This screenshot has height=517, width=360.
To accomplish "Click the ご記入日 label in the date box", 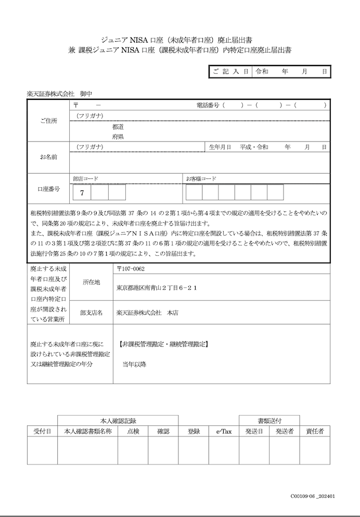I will (229, 71).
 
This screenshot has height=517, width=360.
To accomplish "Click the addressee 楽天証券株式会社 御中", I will (59, 94).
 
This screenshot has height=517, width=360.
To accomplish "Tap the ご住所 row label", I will (48, 121).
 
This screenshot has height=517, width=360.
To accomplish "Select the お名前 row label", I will (48, 157).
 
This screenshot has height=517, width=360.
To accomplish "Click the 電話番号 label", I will (207, 105).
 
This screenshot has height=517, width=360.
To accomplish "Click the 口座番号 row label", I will (48, 189).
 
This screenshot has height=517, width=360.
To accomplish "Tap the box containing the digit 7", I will (82, 193).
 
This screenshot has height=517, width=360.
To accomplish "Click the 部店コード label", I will (86, 178).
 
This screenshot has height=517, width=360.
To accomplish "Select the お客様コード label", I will (201, 178).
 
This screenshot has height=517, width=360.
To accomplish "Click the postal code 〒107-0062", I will (131, 269).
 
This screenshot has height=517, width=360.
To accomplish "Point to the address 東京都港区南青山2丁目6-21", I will (157, 287).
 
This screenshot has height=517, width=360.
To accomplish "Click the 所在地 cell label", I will (91, 282).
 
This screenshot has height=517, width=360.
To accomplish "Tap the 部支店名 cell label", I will (91, 313).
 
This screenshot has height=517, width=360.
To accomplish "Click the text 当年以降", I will (134, 364).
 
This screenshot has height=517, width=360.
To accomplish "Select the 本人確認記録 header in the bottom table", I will (118, 420).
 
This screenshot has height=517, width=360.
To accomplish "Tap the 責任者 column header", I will (315, 431).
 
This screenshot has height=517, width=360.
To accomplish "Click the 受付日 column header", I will (42, 431).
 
